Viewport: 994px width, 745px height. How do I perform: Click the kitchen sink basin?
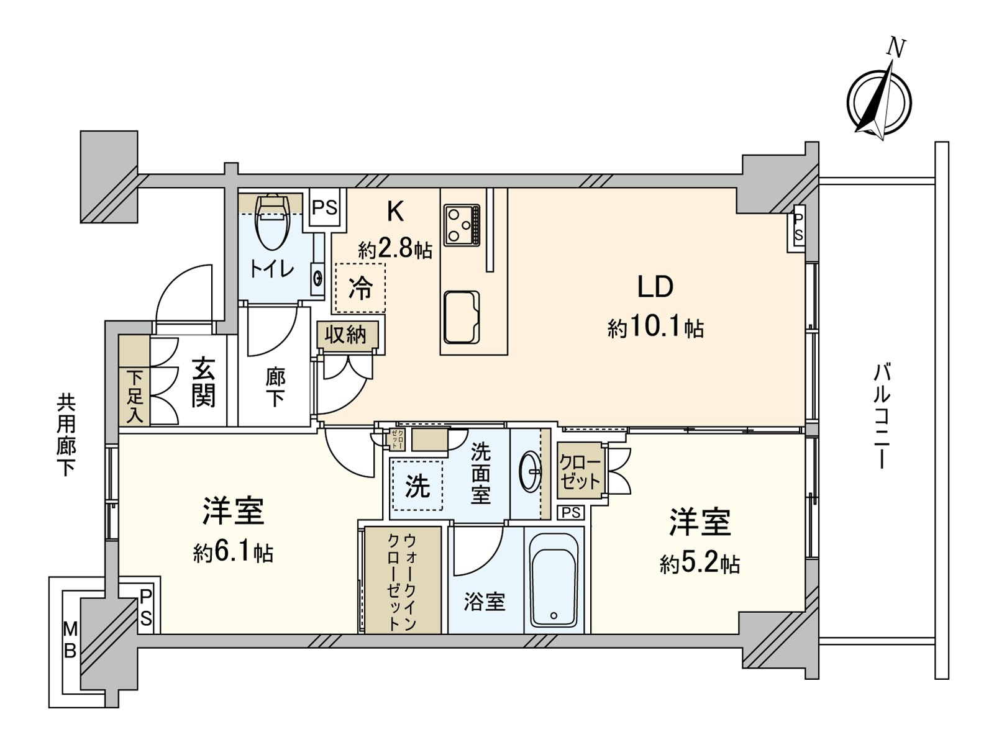click(x=462, y=317)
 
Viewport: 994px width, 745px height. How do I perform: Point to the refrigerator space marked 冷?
click(x=360, y=288)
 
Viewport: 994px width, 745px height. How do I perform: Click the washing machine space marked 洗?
click(x=417, y=485)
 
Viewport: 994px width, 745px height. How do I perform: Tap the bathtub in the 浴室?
click(x=554, y=580)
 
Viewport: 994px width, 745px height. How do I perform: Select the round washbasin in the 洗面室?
click(x=530, y=472)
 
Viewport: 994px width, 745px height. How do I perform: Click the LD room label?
click(x=655, y=287)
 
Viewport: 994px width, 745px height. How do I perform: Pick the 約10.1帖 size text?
click(x=655, y=327)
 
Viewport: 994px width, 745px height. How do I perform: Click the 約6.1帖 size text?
click(x=233, y=552)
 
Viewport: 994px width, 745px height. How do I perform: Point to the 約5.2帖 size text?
click(x=700, y=563)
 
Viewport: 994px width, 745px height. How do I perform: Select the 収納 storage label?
click(x=346, y=335)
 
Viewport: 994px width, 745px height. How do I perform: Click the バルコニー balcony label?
click(x=882, y=416)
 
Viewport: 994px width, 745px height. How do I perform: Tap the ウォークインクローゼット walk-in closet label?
click(x=401, y=580)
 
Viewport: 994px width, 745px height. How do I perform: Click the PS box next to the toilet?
click(x=324, y=207)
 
